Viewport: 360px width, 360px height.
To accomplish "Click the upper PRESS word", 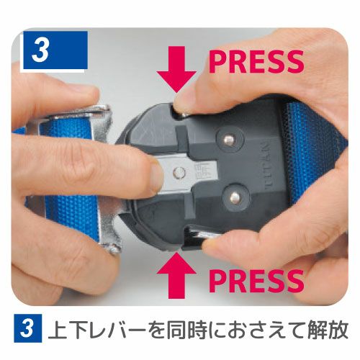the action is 256,62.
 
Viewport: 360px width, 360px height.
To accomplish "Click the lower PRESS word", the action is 256,281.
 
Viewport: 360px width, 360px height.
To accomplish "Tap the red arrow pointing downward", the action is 176,70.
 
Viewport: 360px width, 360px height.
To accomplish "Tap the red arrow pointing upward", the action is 176,275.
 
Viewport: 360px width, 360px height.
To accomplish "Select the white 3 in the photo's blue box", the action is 40,50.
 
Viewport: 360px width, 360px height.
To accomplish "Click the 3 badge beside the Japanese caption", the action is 27,328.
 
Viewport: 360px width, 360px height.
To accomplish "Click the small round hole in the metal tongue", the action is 179,172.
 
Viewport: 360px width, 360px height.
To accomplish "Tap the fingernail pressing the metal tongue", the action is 156,176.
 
